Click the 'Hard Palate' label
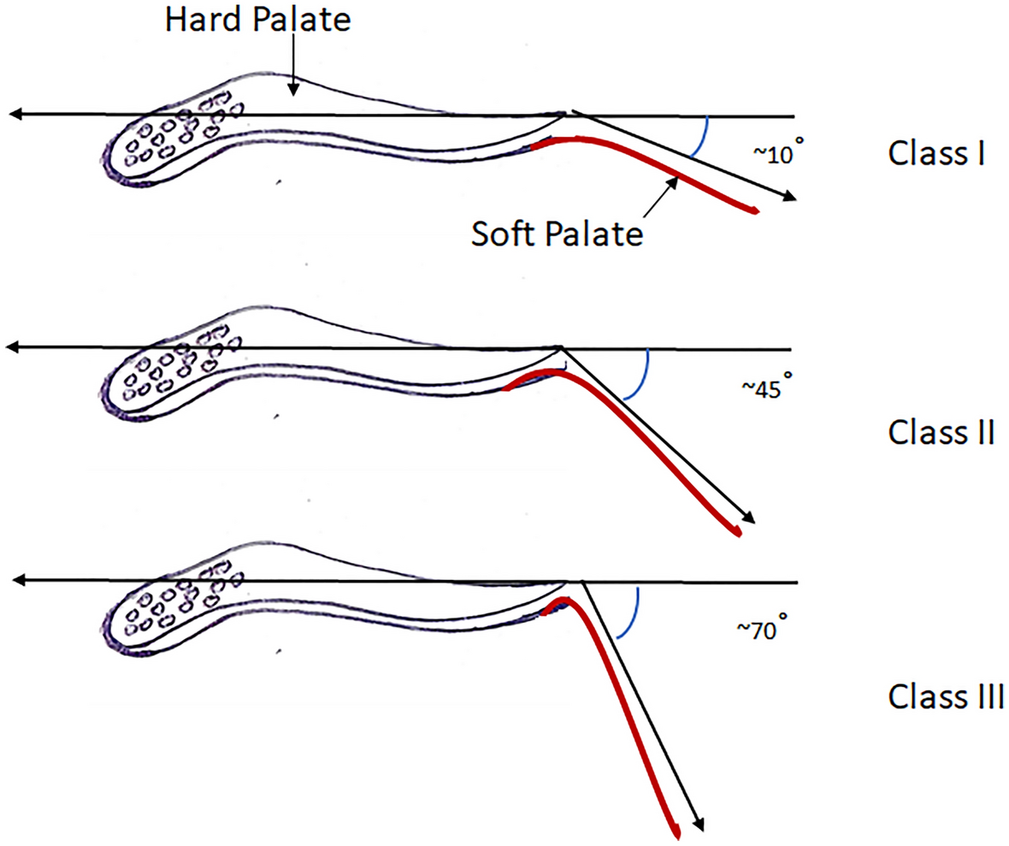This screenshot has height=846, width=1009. pos(257,20)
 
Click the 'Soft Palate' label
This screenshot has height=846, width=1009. pos(555,231)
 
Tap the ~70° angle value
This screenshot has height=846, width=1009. pos(759,630)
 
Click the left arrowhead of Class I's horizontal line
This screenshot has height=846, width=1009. pos(11,114)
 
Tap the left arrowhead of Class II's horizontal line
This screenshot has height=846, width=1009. pos(11,347)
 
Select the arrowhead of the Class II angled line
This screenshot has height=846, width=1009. pos(750,518)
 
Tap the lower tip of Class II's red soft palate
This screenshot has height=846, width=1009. pos(738,533)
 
